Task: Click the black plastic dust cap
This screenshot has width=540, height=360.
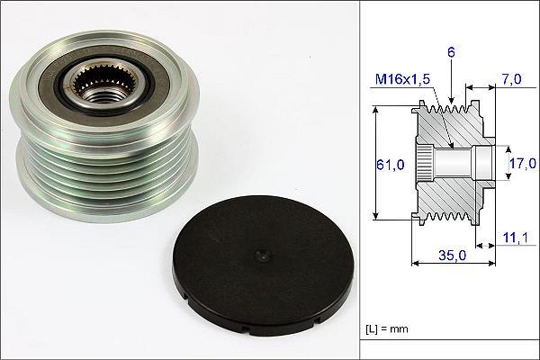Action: (261, 266)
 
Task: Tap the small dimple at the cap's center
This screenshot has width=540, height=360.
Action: (263, 256)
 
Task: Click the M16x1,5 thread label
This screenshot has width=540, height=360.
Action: (402, 79)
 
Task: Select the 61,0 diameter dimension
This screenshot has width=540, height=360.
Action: (390, 165)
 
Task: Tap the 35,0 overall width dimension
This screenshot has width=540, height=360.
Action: (452, 256)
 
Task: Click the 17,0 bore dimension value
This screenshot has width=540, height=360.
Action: (523, 163)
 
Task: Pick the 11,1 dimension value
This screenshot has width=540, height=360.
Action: (515, 238)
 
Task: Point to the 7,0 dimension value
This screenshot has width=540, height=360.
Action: (511, 79)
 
